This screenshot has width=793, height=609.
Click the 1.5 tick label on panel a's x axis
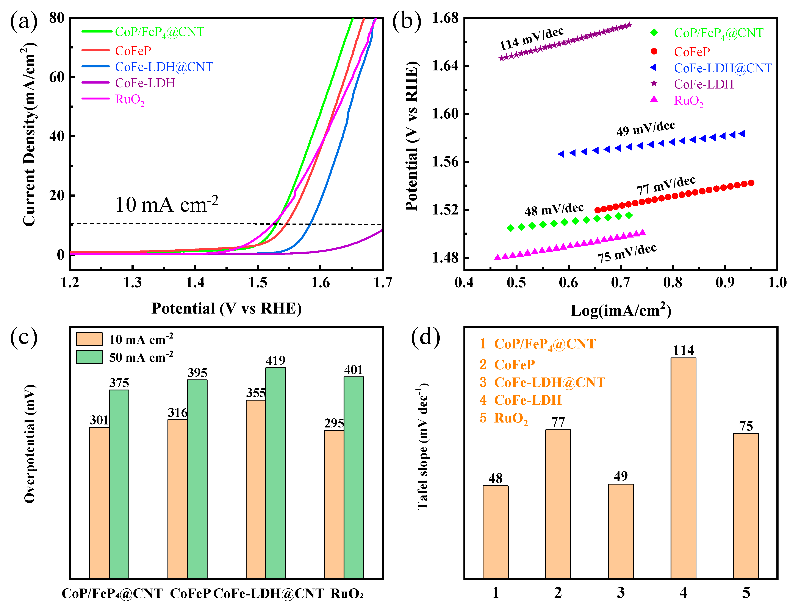pos(258,282)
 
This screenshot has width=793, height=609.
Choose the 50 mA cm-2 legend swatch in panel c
pos(89,357)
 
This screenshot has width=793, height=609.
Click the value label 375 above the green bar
pos(119,383)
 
